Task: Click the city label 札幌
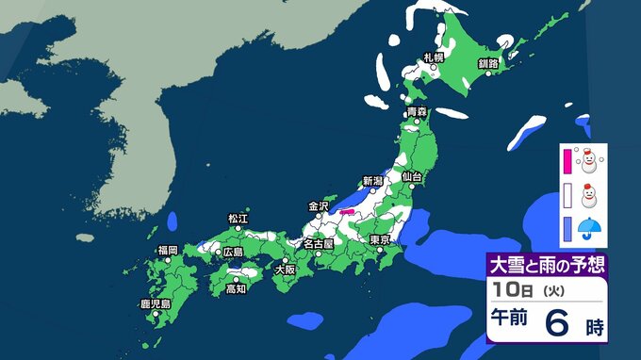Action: (x=433, y=57)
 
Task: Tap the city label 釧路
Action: (x=487, y=63)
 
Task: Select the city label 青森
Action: (x=417, y=112)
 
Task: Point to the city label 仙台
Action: (x=411, y=176)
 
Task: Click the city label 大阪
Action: (x=284, y=269)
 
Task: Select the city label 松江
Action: (x=238, y=219)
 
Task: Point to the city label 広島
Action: (x=232, y=252)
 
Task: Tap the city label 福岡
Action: (x=168, y=250)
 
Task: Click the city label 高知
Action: (x=237, y=289)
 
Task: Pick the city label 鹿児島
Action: (x=154, y=304)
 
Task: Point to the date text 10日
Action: (x=509, y=288)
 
